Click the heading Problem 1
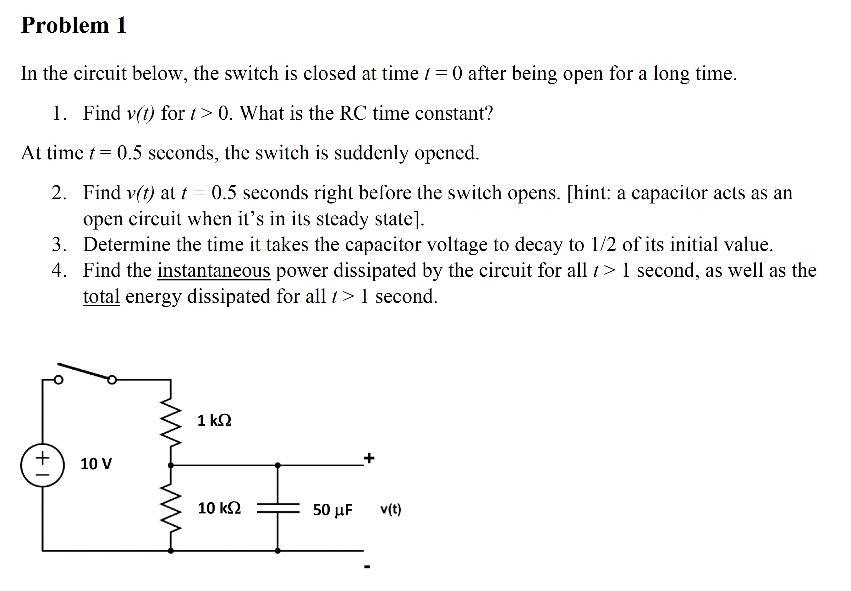click(74, 25)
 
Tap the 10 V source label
click(96, 464)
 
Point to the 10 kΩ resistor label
click(219, 508)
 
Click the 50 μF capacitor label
click(332, 510)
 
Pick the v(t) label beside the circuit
click(391, 510)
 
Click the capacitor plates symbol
click(278, 508)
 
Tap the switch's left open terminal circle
click(58, 380)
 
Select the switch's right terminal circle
click(112, 380)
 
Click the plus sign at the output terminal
click(369, 458)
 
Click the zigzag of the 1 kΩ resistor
click(171, 421)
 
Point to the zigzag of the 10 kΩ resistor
click(171, 507)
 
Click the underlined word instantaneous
click(214, 270)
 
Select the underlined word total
click(101, 296)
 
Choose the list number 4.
click(58, 270)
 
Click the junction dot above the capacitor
click(278, 465)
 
